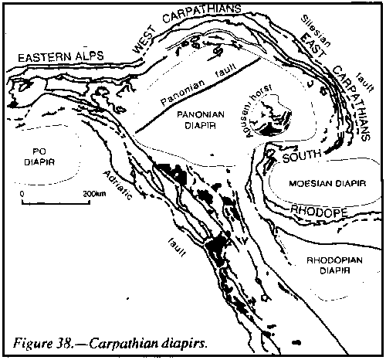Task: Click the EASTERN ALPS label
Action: coord(61,56)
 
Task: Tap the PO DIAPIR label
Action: coord(39,157)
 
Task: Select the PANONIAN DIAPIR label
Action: coord(201,120)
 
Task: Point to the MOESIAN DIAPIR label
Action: coord(327,184)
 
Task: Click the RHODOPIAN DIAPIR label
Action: coord(334,265)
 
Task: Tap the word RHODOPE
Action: coord(319,211)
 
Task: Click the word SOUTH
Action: coord(302,155)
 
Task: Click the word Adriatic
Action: coord(117,185)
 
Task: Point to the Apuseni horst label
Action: coord(257,110)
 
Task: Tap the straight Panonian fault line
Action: coord(198,95)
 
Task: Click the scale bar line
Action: coord(56,203)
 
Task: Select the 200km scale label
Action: coord(94,193)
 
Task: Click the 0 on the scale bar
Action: coord(22,194)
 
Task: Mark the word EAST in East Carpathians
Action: coord(313,49)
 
